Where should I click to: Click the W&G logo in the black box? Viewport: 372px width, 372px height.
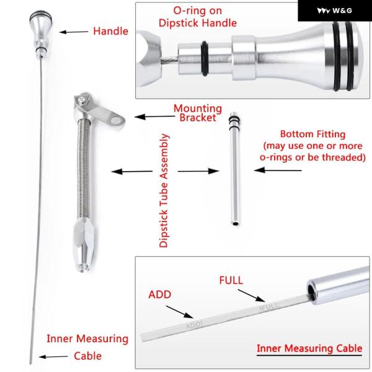click(334, 11)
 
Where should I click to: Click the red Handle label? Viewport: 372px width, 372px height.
click(110, 31)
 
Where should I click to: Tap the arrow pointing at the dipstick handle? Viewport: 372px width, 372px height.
click(74, 32)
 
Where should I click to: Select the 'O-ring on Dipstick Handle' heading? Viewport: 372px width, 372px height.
click(198, 17)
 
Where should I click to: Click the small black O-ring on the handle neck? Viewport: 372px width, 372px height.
click(205, 58)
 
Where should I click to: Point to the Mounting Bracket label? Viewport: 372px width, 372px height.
click(198, 113)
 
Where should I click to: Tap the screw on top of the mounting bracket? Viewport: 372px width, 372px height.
click(82, 100)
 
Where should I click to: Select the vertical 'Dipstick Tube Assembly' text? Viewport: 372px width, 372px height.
click(164, 190)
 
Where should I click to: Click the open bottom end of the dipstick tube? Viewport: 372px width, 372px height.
click(83, 267)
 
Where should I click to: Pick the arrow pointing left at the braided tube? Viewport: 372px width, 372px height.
click(132, 171)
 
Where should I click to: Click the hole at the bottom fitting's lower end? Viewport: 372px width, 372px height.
click(236, 223)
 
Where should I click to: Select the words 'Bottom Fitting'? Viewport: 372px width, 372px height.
click(312, 135)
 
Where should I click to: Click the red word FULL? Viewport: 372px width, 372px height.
click(231, 280)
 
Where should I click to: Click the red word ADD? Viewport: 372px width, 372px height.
click(160, 294)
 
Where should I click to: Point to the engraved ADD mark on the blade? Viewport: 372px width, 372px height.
click(194, 325)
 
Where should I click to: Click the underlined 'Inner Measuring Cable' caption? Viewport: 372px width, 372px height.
click(309, 348)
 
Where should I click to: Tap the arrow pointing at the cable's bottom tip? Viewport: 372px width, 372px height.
click(53, 356)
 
